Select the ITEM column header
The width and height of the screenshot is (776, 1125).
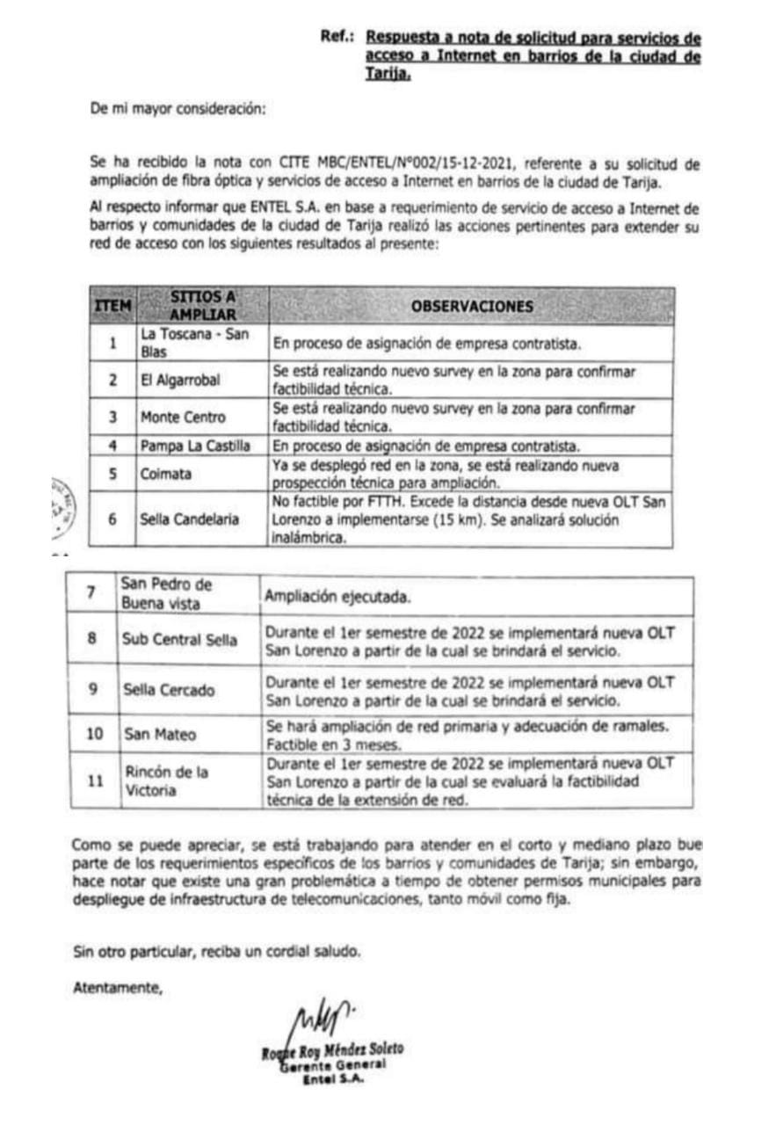(112, 306)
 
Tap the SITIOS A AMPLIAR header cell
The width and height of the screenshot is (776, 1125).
(202, 306)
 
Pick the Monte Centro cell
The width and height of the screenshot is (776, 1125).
(183, 417)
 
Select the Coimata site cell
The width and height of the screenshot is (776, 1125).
(164, 473)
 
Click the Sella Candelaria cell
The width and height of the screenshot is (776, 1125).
(189, 519)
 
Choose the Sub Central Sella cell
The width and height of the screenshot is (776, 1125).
(179, 639)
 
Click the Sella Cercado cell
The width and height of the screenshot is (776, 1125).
(167, 690)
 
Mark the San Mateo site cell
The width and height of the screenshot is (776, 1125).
(159, 734)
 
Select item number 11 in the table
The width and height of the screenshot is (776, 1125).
(93, 779)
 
